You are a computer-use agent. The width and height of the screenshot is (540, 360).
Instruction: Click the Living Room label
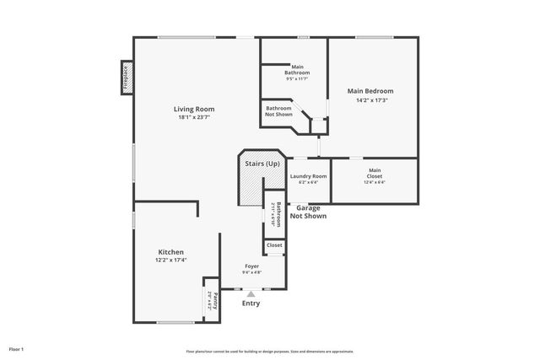pos(194,109)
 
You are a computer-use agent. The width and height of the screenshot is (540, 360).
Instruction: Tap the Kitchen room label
pos(170,252)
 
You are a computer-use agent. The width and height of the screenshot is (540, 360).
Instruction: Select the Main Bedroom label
pos(370,91)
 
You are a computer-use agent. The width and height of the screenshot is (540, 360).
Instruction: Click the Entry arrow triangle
pos(251,293)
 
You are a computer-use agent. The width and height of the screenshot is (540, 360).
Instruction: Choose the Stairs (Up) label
pos(262,163)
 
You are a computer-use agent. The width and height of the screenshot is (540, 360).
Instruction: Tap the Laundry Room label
pos(308,175)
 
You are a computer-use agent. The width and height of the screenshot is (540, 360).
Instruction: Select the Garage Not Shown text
pos(308,212)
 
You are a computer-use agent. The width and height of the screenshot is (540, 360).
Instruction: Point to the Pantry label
pos(215,300)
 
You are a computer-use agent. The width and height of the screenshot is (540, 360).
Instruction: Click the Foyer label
pos(251,266)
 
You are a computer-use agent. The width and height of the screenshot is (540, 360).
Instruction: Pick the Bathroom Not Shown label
pos(278,111)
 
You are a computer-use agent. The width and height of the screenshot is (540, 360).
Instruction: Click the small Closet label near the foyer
pos(274,245)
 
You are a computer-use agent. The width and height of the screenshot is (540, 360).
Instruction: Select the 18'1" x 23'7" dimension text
pos(194,117)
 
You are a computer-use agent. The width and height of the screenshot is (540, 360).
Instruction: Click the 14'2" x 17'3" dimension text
pos(370,100)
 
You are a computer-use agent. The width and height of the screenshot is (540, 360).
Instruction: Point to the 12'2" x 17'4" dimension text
pos(170,261)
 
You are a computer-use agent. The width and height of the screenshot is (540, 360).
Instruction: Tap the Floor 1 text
pos(17,348)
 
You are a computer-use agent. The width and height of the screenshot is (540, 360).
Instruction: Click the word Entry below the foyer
pos(251,304)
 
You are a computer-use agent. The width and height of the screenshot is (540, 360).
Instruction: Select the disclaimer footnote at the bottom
pos(270,350)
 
